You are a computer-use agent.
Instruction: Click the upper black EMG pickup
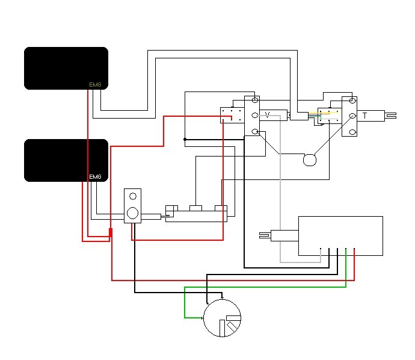pos(66,68)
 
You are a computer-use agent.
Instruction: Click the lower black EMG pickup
pos(66,160)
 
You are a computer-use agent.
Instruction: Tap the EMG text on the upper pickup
pos(95,85)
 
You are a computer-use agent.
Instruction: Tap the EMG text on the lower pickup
pos(95,177)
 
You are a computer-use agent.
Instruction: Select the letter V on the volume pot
pos(268,114)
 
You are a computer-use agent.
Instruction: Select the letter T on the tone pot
pos(364,115)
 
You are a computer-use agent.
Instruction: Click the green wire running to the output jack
pos(265,287)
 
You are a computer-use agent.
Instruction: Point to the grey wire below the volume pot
pos(280,199)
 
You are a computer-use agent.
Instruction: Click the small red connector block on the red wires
pos(111,233)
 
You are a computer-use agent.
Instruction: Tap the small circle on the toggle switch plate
pos(132,196)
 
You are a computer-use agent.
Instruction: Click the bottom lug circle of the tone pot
pos(352,131)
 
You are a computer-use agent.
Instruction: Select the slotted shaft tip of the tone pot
pos(392,115)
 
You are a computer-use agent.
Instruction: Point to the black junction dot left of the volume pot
pos(185,139)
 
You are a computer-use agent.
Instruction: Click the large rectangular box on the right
pos(340,235)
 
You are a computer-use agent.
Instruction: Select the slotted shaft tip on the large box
pos(264,235)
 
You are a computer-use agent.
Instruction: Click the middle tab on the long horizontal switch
pos(196,208)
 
